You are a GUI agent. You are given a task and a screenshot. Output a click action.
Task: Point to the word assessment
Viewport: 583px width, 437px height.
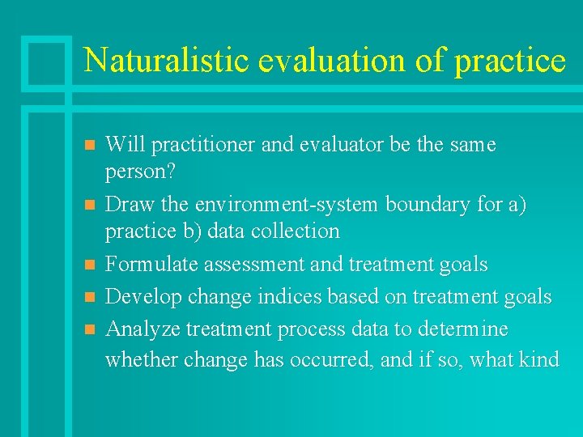click(245, 265)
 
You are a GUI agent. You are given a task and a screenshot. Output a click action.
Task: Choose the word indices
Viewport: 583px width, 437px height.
click(289, 297)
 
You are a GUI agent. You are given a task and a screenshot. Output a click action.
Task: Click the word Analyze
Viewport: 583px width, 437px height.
click(143, 329)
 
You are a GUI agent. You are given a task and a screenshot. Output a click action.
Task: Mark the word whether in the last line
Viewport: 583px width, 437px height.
click(142, 359)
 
